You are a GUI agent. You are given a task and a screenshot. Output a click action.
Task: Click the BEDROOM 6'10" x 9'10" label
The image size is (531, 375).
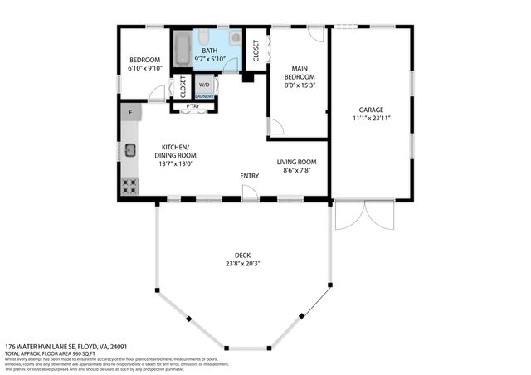144,64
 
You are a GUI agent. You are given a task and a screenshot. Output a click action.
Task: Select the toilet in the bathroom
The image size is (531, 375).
236,38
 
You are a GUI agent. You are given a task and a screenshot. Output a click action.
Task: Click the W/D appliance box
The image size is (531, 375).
204,84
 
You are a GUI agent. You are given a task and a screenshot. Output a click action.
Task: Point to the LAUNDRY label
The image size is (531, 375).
204,97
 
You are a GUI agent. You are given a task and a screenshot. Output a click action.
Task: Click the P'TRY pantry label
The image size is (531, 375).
192,106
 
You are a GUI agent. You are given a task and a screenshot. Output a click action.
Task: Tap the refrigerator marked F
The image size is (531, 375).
129,112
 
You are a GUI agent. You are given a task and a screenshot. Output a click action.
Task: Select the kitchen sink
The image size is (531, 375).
130,150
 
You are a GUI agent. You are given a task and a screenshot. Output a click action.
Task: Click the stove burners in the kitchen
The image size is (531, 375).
129,186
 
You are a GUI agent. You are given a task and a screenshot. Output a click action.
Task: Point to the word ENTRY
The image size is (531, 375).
249,176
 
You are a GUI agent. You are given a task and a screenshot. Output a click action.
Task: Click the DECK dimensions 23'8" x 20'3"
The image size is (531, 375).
242,264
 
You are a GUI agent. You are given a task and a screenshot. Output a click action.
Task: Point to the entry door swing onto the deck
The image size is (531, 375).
249,192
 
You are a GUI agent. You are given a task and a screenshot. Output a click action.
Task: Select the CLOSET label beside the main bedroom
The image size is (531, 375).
257,50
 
